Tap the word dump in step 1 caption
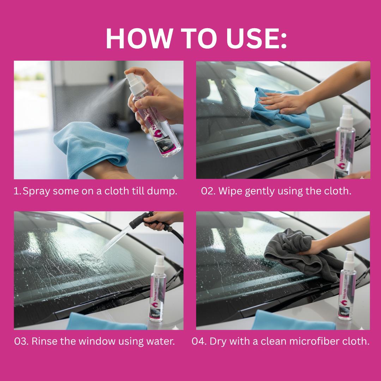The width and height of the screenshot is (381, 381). (163, 192)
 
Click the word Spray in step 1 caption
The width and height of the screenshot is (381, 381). (35, 192)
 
